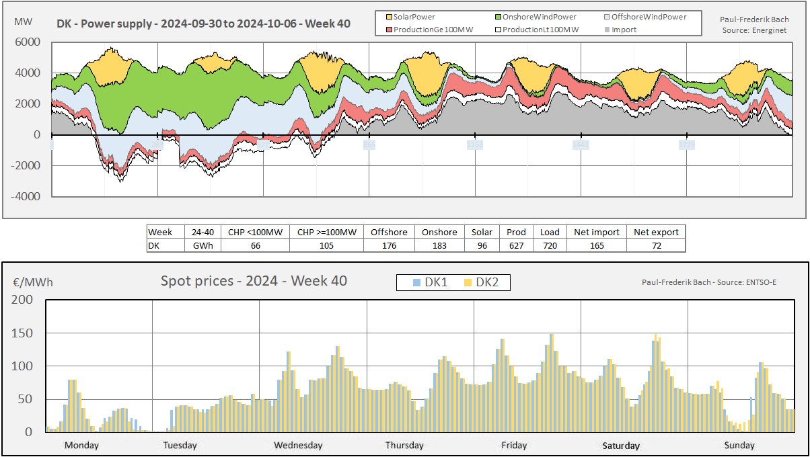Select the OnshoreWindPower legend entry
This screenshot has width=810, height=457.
coord(534,16)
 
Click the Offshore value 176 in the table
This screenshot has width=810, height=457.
coord(389,245)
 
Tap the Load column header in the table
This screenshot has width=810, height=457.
coord(550,232)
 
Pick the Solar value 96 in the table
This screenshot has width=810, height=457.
coord(482,245)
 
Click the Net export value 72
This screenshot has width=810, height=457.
coord(656,245)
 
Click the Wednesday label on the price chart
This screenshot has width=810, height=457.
coord(298,445)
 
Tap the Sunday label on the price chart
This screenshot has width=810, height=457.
coord(739,445)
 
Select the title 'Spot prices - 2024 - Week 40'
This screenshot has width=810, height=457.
coord(254,281)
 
